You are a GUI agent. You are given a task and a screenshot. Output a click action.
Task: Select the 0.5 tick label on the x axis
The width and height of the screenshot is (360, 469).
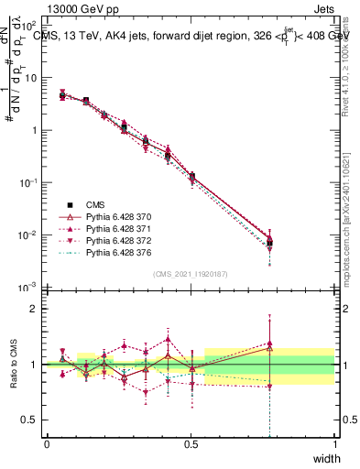point(191,443)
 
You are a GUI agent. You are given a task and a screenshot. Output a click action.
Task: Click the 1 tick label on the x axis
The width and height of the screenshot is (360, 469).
point(335,443)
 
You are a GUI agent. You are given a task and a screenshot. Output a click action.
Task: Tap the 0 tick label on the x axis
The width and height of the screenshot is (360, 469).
point(47,443)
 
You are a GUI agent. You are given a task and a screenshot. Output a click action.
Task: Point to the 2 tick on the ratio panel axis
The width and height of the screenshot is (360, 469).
point(33,309)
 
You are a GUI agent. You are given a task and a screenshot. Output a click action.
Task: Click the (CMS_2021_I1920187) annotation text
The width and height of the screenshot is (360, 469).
point(191,274)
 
